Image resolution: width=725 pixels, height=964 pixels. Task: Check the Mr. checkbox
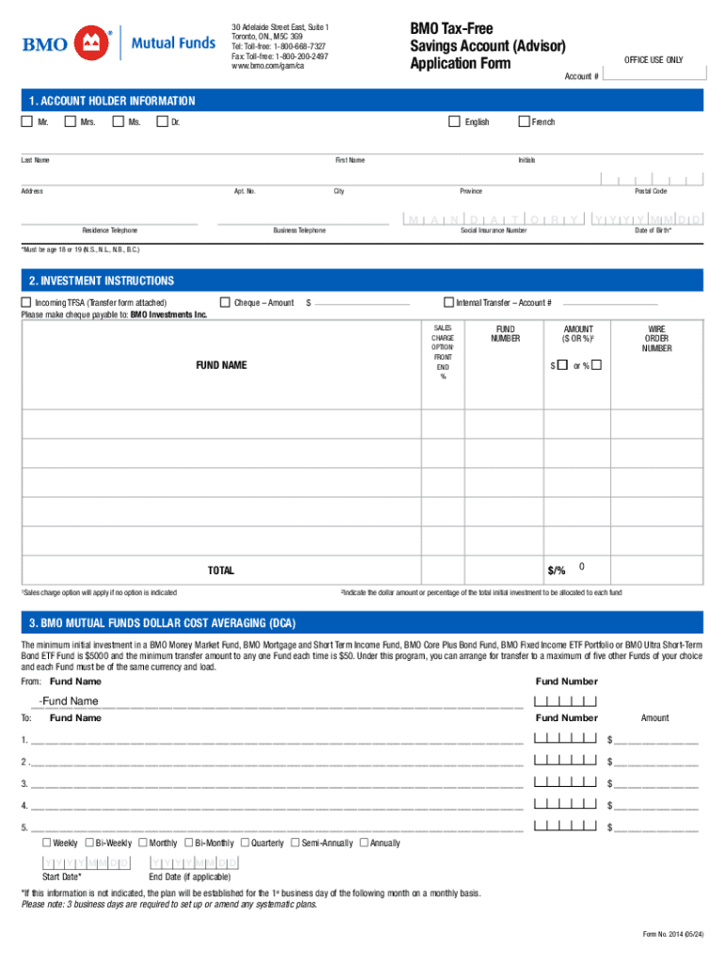26,120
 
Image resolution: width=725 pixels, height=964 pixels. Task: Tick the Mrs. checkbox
70,120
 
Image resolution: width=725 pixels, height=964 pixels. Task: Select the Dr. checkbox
161,120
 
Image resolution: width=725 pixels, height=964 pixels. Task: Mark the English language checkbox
454,120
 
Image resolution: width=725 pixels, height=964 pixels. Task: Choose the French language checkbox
524,120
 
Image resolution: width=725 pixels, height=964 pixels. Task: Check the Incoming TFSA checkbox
26,302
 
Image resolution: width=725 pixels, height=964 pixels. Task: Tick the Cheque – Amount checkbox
224,302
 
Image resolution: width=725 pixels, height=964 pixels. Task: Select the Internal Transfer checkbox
448,302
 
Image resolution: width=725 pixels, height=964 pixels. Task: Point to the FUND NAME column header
221,364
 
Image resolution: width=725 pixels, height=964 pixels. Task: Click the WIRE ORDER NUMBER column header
656,339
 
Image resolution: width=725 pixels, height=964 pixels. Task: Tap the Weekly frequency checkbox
46,843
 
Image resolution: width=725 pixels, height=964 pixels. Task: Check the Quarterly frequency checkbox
245,843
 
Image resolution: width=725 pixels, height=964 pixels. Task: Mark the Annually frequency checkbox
364,843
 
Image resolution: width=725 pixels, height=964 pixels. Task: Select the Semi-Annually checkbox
295,843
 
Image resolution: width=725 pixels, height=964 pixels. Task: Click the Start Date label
61,876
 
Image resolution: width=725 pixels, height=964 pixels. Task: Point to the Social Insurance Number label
493,231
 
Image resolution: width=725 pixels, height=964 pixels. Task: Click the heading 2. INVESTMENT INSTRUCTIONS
102,281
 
